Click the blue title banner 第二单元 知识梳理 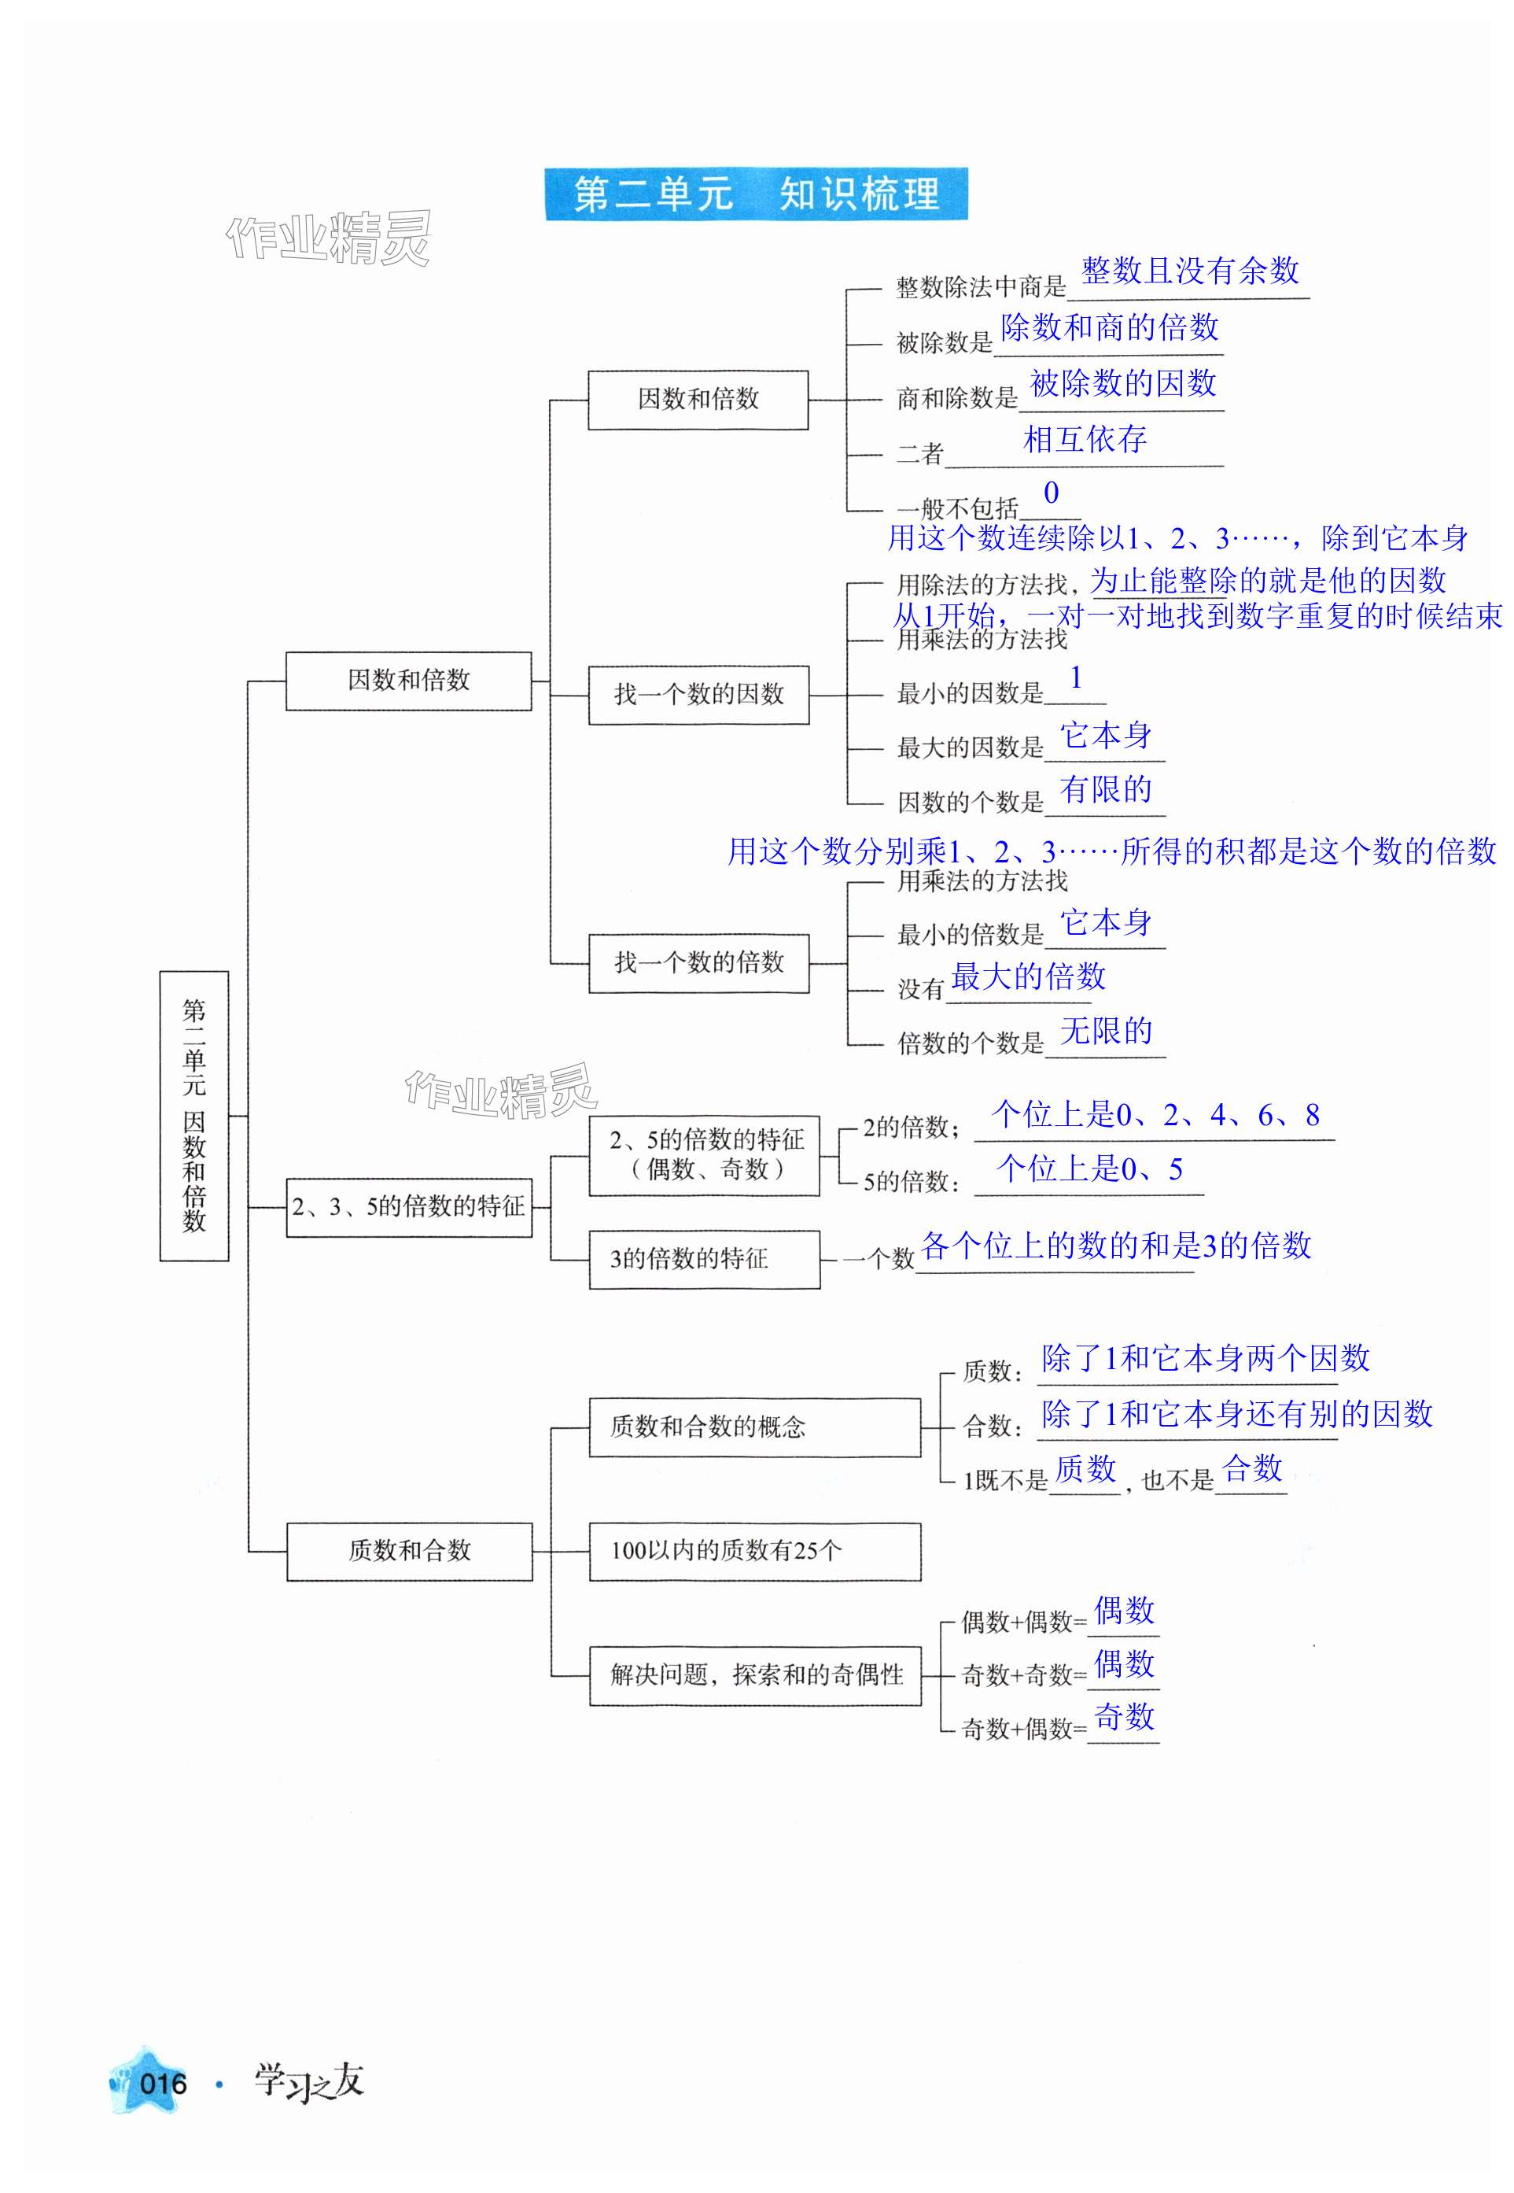point(756,194)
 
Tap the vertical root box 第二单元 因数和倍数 point(194,1115)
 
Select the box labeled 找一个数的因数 point(699,695)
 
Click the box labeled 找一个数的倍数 point(699,963)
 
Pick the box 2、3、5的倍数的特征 point(409,1207)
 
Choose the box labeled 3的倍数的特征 point(704,1259)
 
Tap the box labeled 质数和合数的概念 point(754,1427)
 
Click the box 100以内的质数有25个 point(754,1551)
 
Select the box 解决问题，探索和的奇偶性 point(755,1675)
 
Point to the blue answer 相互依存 point(1085,438)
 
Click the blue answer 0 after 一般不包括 point(1051,493)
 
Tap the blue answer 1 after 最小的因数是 point(1076,677)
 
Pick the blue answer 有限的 point(1106,789)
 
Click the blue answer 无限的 point(1106,1031)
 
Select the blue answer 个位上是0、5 point(1090,1169)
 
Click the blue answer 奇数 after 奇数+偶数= point(1124,1715)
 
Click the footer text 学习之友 point(309,2082)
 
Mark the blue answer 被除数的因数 point(1123,383)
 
